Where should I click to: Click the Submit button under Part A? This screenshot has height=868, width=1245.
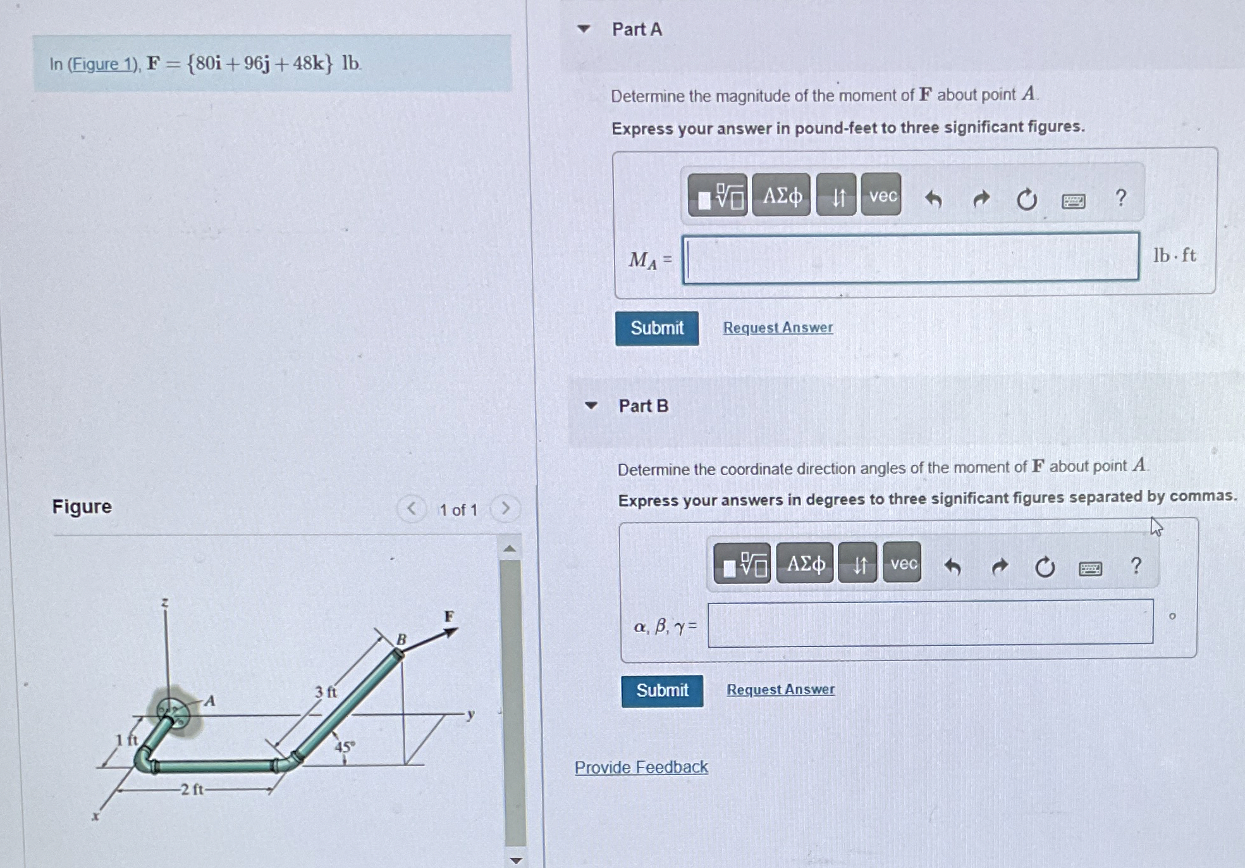[657, 328]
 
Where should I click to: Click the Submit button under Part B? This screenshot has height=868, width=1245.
[662, 690]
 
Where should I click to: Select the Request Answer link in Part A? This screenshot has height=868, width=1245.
[778, 328]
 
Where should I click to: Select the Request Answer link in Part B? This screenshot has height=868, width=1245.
[780, 689]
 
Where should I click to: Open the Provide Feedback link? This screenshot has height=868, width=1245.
[641, 767]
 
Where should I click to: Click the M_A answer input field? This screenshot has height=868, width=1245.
[911, 257]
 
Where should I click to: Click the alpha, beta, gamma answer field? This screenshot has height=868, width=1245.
[930, 623]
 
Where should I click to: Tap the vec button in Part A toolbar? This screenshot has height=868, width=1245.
[881, 195]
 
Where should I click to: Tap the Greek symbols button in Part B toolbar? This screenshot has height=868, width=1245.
[805, 563]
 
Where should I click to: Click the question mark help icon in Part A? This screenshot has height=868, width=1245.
[1120, 198]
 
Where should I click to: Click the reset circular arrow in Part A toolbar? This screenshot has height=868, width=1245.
[1026, 200]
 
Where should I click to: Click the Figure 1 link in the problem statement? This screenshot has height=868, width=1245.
[103, 64]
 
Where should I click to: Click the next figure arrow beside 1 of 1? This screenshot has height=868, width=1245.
[505, 508]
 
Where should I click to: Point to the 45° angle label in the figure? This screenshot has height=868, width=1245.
[345, 747]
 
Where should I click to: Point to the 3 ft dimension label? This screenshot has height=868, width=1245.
[326, 691]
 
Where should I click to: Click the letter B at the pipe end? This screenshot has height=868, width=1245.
[401, 639]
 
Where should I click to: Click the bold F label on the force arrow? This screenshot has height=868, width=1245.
[449, 616]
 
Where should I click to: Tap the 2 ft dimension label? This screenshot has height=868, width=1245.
[192, 790]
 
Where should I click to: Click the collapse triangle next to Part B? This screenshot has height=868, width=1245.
[591, 406]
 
